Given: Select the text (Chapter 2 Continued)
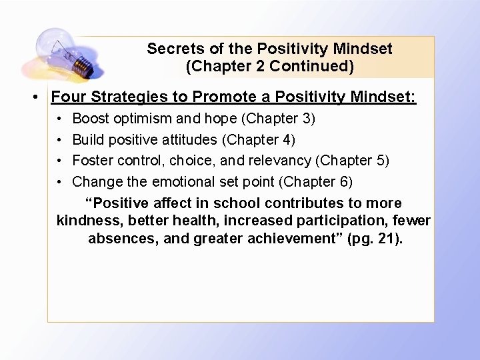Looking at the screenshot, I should point(269,67).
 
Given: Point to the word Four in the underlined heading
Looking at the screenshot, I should point(69,97).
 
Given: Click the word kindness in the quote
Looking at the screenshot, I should point(85,221).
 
